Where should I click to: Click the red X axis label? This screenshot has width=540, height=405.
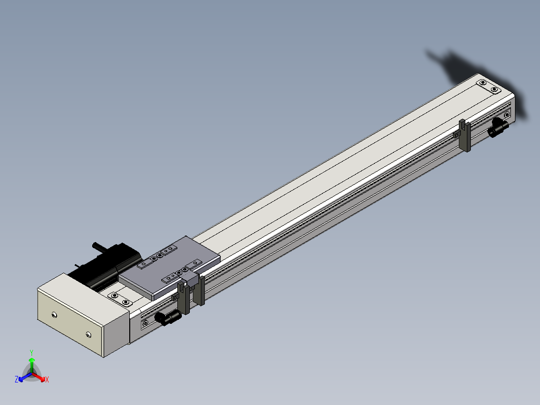pos(47,379)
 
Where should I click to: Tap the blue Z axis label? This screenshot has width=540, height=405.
pos(17,379)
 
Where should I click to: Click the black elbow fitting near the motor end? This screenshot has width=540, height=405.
pos(168,317)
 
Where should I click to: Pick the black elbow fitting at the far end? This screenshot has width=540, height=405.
pos(498,127)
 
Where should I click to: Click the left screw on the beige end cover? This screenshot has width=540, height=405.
pos(54,315)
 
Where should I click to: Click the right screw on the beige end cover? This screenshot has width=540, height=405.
pos(89,334)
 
